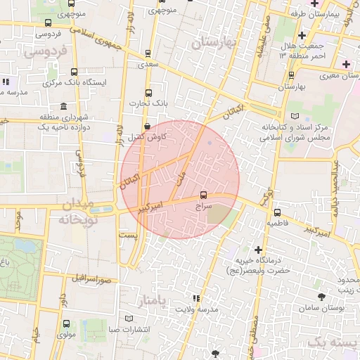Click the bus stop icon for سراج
204,195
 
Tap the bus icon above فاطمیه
277,212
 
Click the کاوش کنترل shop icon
147,127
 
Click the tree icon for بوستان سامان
322,297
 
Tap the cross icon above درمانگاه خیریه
258,250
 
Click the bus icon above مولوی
66,324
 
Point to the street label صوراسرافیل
91,276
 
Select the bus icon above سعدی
148,53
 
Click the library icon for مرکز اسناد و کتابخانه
294,115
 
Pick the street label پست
128,234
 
